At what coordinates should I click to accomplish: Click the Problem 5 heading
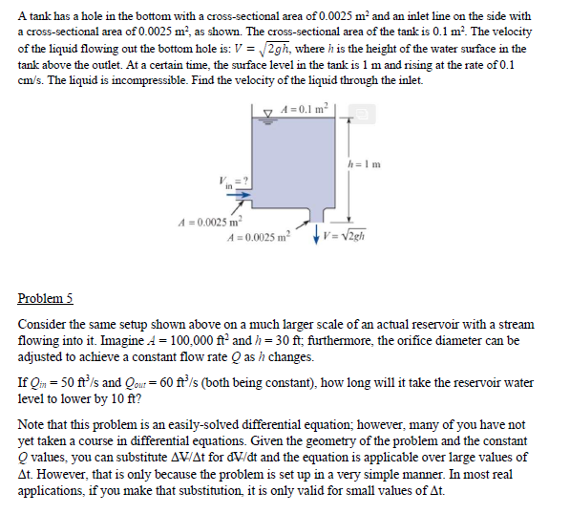(x=45, y=298)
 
